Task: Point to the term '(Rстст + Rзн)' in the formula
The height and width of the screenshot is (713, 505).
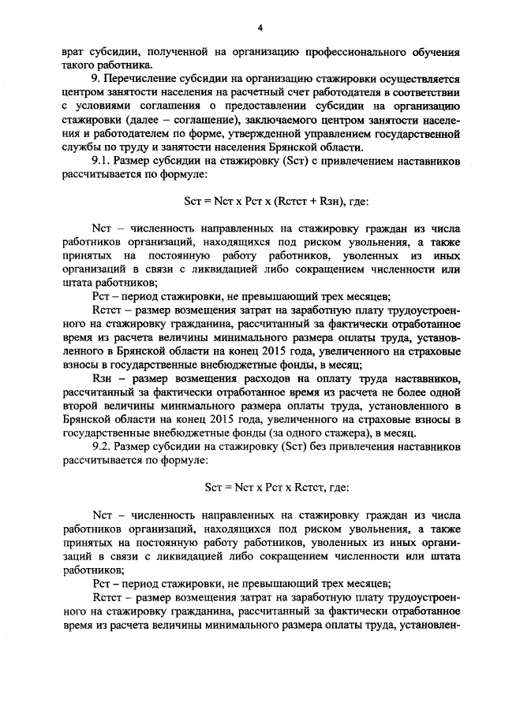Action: coord(316,202)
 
